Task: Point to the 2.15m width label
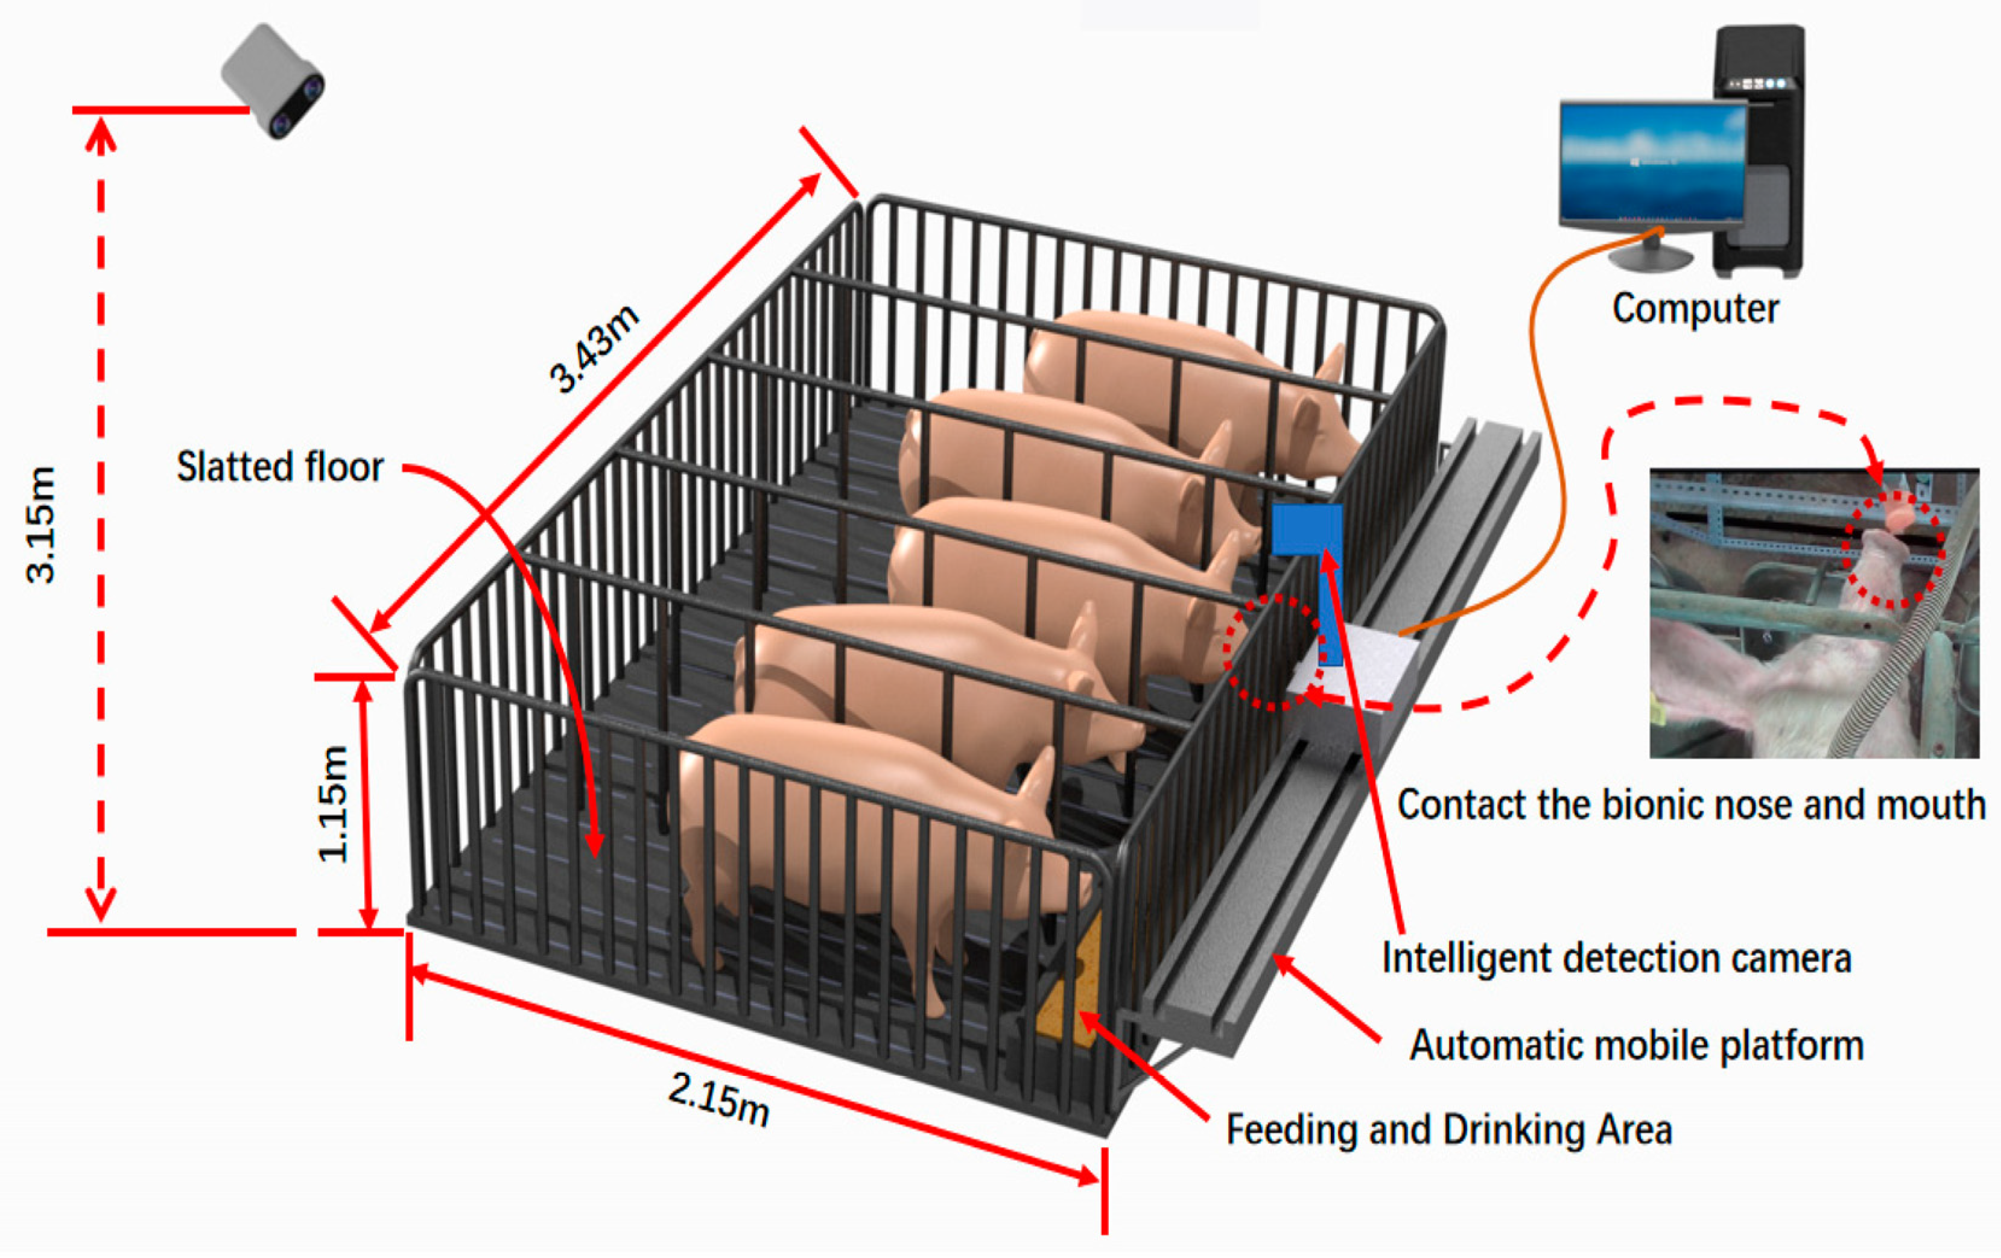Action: (720, 1098)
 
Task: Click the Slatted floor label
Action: (280, 467)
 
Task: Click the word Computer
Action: (1695, 309)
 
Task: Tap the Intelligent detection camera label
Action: (1616, 958)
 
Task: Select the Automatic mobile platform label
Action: (1636, 1045)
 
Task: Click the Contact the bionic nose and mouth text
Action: (1691, 804)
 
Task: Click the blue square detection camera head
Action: (1305, 529)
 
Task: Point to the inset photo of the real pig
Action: (1813, 613)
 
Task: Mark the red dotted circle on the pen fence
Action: (1272, 653)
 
